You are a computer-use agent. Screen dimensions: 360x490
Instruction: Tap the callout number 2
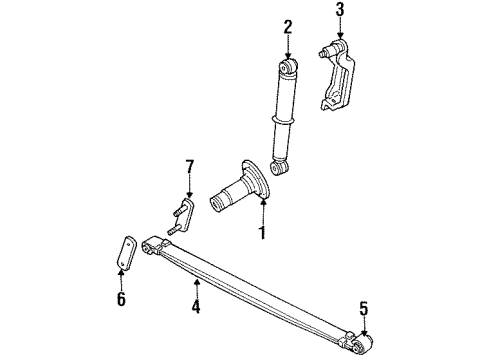point(288,28)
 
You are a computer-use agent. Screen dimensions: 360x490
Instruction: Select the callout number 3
point(339,12)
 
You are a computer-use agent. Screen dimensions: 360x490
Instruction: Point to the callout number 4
point(197,307)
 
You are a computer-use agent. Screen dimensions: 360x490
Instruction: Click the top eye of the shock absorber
point(289,68)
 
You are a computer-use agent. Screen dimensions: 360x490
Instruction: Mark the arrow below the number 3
point(339,29)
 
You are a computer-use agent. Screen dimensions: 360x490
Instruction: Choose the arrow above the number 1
point(263,208)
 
